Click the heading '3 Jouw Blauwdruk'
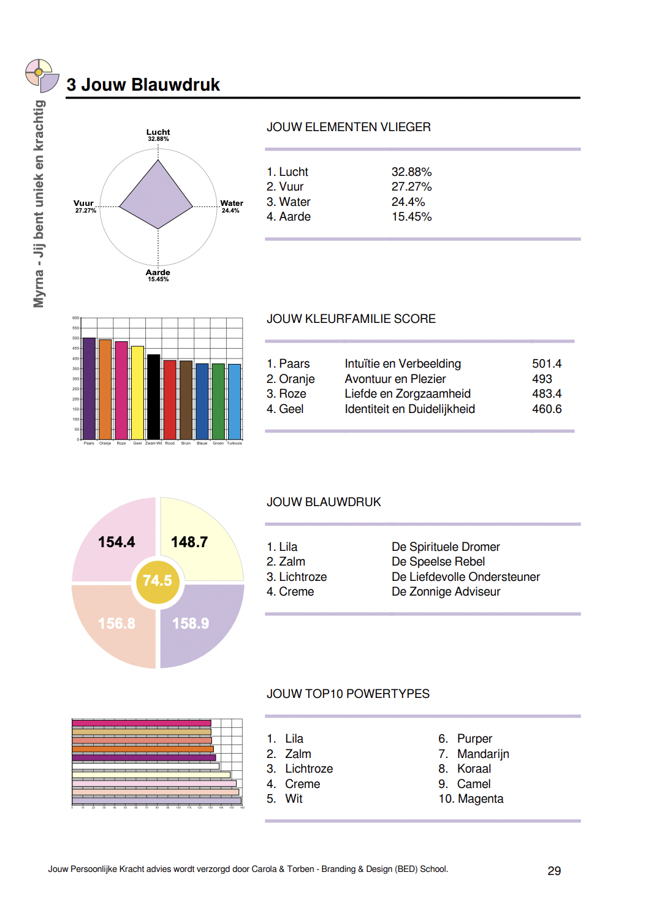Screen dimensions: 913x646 (x=143, y=85)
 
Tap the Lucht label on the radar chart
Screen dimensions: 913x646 (x=158, y=132)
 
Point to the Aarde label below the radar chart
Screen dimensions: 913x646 (x=158, y=273)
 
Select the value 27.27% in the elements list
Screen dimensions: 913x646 (x=411, y=187)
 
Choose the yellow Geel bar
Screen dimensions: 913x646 (x=137, y=392)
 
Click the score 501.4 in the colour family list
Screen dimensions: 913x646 (x=547, y=364)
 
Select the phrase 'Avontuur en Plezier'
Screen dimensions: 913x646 (x=395, y=379)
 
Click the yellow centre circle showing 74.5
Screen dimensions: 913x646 (x=158, y=581)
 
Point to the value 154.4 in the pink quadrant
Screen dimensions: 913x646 (x=116, y=542)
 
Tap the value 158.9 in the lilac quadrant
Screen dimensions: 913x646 (x=191, y=624)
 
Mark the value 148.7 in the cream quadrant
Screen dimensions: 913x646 (x=189, y=542)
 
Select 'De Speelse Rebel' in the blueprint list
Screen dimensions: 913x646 (x=438, y=562)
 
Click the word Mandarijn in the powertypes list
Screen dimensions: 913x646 (x=483, y=754)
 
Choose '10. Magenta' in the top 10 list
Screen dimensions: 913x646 (x=471, y=799)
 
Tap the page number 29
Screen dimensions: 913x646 (x=554, y=871)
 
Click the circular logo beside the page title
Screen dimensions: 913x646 (x=41, y=75)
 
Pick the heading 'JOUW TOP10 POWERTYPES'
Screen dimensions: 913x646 (x=348, y=694)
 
